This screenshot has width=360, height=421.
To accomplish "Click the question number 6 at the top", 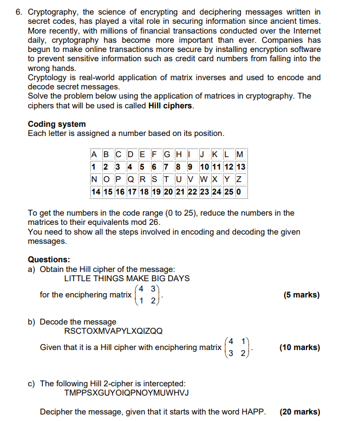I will pos(18,11).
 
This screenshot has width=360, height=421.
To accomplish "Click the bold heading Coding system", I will pos(56,124).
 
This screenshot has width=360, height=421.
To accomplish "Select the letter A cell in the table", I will pos(95,155).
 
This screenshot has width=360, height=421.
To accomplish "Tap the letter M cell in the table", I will pos(240,155).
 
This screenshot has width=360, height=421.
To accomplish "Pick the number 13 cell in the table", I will pos(240,167).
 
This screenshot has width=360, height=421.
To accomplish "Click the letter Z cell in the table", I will pos(239,179).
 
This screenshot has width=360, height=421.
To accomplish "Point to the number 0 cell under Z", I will pos(239,191).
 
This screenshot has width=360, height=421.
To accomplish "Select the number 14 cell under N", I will pos(96,191).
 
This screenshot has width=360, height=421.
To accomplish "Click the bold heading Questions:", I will pos(49,260).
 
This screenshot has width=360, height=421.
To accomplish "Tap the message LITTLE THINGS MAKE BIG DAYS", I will pos(127,278).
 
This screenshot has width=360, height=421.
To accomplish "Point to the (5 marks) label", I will pos(301,295).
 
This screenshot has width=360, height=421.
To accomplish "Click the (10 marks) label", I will pos(299,347).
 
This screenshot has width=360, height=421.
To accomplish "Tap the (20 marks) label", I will pos(299,412).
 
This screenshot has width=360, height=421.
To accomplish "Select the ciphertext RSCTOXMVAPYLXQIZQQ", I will pos(113,331).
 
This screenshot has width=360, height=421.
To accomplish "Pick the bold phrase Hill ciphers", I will pos(170,105).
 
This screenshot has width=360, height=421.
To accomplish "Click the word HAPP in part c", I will pos(253,412).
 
